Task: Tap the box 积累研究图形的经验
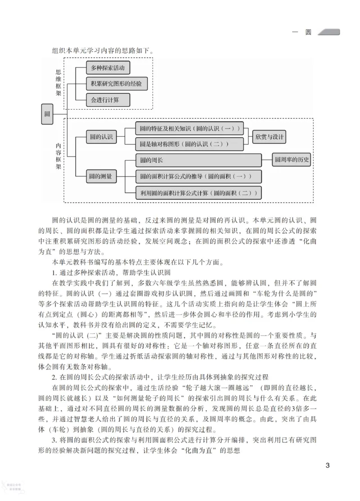coord(117,84)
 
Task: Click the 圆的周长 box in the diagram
coord(198,160)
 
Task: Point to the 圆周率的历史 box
coord(292,160)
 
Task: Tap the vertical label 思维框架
coord(58,83)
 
